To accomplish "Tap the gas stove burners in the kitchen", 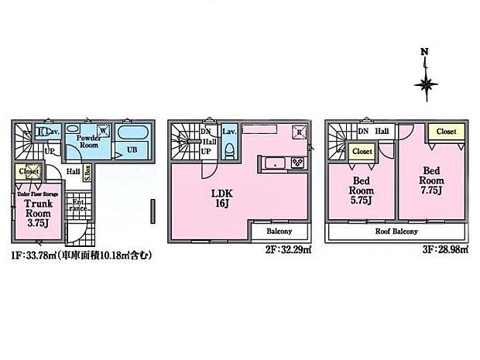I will pos(296,163).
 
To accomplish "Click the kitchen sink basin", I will pos(275,163).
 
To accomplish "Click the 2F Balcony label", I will pos(279,231).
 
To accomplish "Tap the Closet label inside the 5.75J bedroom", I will pos(362,153).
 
